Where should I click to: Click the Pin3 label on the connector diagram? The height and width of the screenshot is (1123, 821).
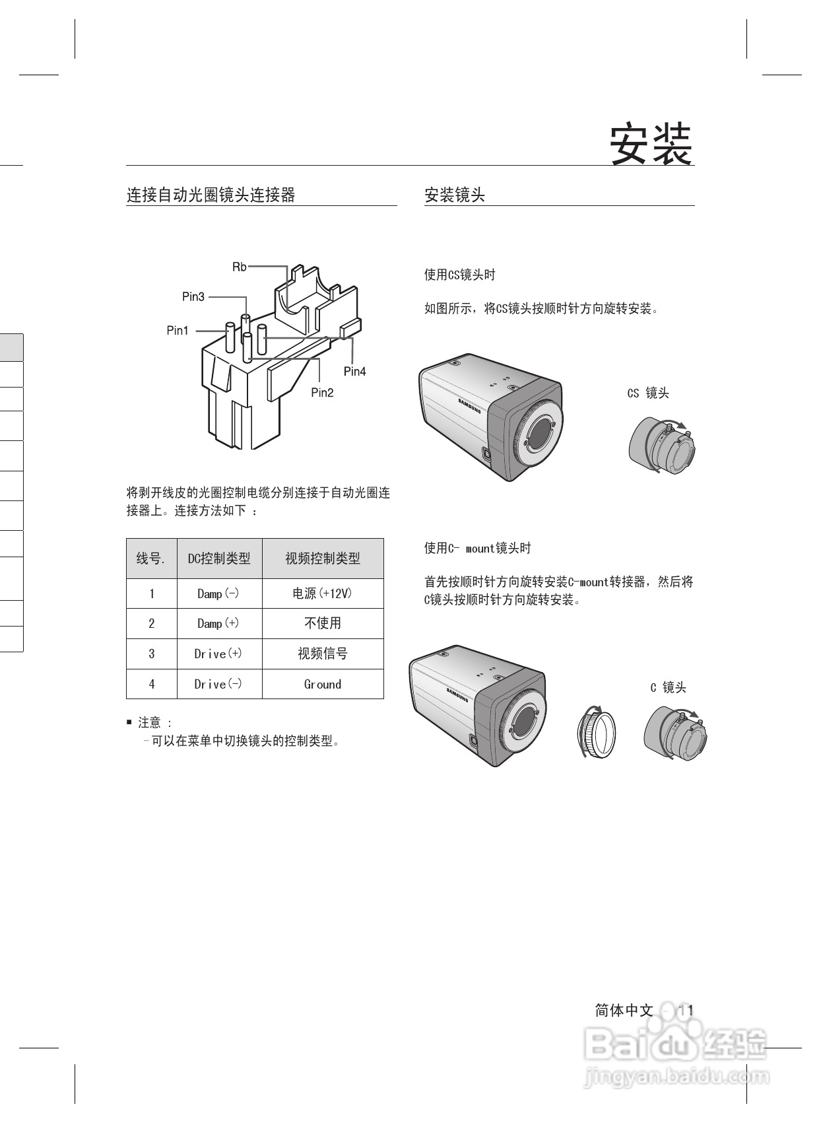pos(193,296)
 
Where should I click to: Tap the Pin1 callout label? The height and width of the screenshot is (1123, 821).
pos(178,331)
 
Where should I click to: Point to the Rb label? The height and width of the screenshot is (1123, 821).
pos(239,267)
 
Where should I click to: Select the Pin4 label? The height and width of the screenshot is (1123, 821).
pos(354,372)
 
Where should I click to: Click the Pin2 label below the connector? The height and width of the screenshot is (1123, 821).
pos(322,393)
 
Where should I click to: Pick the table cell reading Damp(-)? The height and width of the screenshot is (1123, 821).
pos(218,594)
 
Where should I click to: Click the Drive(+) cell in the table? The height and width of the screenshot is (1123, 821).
pos(218,654)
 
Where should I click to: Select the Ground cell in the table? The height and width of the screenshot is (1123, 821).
pos(323,685)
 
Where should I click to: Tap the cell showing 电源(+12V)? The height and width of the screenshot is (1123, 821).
pos(323,594)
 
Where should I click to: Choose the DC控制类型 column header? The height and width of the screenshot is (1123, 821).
pos(219,559)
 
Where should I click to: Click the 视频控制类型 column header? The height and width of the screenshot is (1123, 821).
pos(323,559)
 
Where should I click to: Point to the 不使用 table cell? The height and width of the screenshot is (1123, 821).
pos(323,623)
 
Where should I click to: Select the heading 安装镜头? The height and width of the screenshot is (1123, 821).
pos(455,195)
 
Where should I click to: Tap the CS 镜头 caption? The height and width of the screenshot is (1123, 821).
pos(648,393)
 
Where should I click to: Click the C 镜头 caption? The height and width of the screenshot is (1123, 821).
pos(668,688)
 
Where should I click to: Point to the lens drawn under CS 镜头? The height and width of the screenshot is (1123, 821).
pos(662,447)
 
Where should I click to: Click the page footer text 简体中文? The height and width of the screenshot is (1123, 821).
pos(624,1010)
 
